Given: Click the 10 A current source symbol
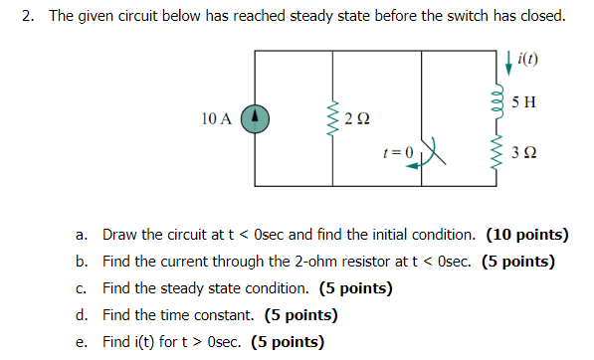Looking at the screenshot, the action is click(x=256, y=118).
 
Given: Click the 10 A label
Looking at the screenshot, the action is click(x=215, y=118).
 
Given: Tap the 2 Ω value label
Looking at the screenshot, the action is click(x=359, y=119).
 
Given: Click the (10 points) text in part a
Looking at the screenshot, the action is click(x=526, y=236).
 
